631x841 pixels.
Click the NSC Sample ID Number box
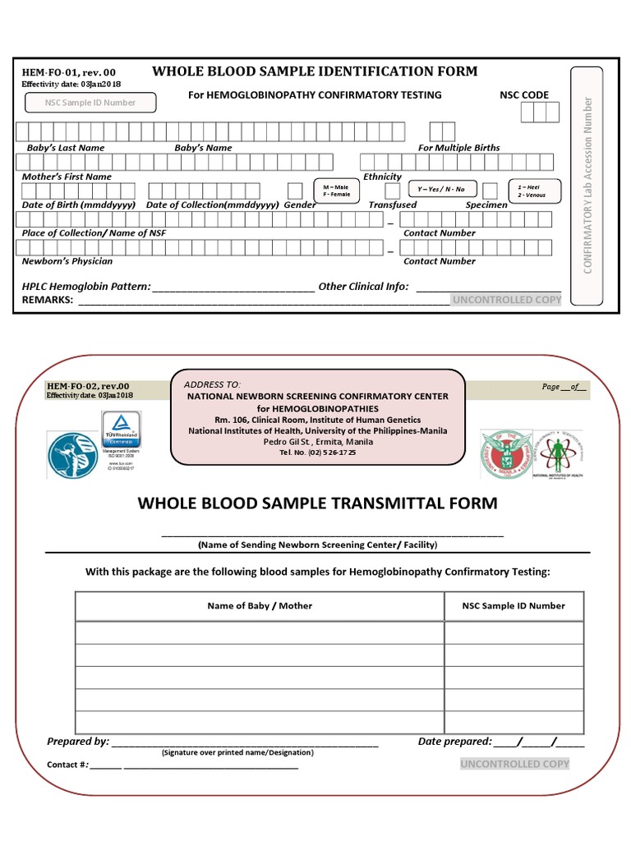coord(91,103)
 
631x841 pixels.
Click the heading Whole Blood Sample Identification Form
coord(315,71)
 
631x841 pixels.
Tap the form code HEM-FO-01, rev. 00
coord(70,73)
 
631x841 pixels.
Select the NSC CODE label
coord(524,95)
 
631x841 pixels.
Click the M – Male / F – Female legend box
coord(336,191)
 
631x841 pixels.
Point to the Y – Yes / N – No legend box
coord(441,190)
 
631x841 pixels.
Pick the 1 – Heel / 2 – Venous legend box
coord(534,191)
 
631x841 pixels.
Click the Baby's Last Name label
coord(66,148)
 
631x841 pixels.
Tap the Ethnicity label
coord(382,177)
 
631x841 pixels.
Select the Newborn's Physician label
coord(67,261)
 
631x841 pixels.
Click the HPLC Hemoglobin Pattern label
coord(86,287)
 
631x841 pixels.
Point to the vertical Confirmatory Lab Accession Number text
coord(587,186)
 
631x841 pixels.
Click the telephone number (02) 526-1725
coord(318,453)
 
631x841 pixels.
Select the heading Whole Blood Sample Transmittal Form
coord(317,503)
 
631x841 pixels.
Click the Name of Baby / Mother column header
coord(260,605)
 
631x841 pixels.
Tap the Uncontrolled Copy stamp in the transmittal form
coord(514,764)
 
